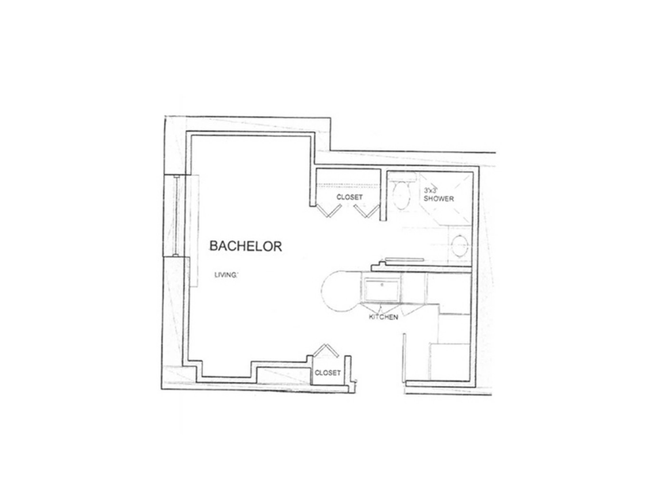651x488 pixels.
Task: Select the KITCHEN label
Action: coord(383,317)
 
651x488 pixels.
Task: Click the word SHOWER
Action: coord(439,199)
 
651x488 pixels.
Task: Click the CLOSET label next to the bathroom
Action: coord(349,197)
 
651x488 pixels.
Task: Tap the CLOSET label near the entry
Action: coord(328,373)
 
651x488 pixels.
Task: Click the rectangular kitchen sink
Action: coord(382,289)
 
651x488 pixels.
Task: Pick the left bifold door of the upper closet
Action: coord(328,211)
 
